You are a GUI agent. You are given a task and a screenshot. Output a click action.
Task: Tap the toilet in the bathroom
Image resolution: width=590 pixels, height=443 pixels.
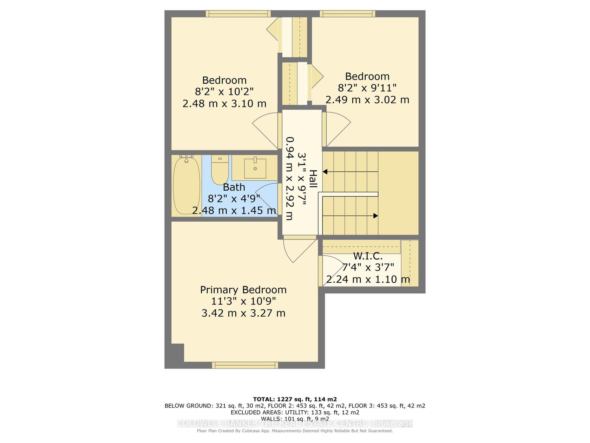click(x=219, y=169)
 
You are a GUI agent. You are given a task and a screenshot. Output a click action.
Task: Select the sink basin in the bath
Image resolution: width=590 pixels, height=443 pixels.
click(x=255, y=168)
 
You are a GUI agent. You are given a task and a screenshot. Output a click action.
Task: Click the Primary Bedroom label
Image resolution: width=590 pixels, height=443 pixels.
click(x=243, y=290)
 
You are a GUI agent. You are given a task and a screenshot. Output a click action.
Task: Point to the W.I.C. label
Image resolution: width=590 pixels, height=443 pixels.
click(x=367, y=256)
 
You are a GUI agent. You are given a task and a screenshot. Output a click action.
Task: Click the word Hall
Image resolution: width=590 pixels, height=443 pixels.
click(x=313, y=179)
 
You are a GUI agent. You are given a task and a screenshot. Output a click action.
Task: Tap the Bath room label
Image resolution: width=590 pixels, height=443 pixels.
click(x=234, y=187)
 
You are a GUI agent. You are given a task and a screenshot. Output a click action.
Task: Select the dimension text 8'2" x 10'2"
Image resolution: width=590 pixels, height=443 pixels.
click(x=224, y=92)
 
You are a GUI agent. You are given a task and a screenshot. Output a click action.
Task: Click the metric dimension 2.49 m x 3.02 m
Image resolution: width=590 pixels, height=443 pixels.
click(x=367, y=100)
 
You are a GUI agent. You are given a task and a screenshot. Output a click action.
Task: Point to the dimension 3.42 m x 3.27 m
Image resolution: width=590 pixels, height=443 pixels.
click(x=243, y=313)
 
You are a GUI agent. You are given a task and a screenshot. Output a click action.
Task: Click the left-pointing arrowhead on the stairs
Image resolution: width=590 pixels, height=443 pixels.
click(x=325, y=172)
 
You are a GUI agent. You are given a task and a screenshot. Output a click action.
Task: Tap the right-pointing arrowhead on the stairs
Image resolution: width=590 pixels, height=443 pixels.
click(x=376, y=216)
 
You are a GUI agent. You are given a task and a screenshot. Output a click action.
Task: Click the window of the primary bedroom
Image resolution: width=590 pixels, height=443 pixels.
click(x=245, y=365)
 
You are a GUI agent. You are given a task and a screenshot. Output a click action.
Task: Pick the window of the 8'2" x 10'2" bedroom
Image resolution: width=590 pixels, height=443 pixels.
click(x=238, y=14)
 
